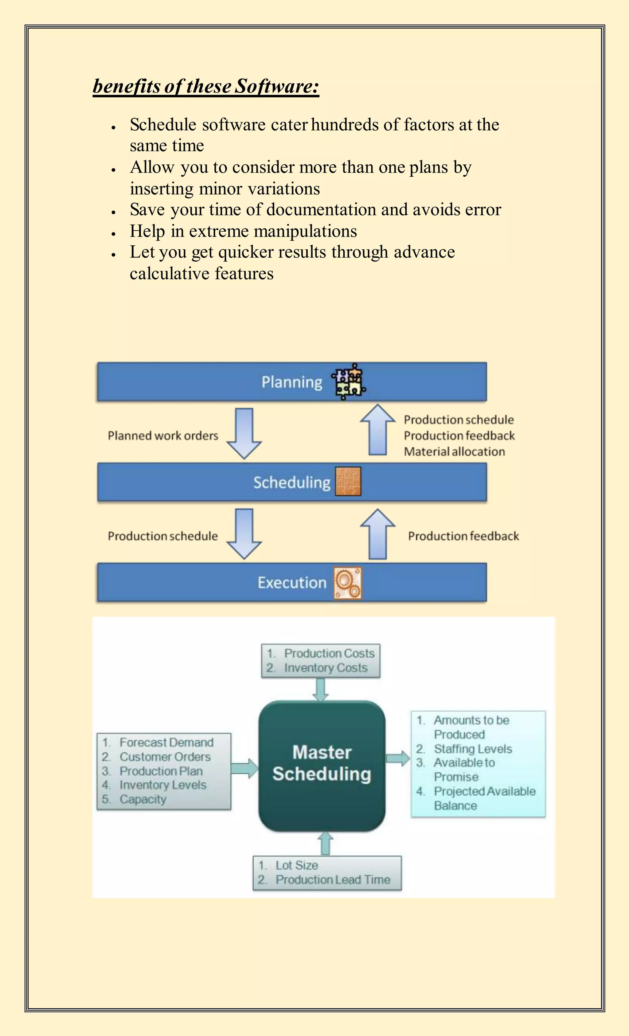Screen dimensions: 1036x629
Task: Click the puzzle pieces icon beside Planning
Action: (x=349, y=382)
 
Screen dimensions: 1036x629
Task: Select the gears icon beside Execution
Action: (x=348, y=583)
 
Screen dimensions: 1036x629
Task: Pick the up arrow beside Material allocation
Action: (x=377, y=430)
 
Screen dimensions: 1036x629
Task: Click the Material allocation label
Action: (x=454, y=452)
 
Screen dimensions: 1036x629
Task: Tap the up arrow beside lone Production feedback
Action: (x=377, y=534)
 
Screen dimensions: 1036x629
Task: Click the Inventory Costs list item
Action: (x=326, y=668)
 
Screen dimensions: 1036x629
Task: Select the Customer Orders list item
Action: (x=165, y=757)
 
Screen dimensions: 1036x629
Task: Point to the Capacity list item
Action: (x=143, y=799)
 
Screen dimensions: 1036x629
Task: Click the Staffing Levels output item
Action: (x=473, y=749)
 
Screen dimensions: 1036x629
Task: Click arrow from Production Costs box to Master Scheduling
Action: (x=320, y=690)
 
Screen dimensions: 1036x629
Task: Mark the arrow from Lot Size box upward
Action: (x=326, y=844)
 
